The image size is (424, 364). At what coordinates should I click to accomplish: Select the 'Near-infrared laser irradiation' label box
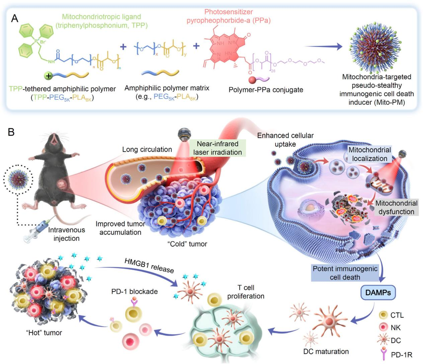pyautogui.click(x=218, y=148)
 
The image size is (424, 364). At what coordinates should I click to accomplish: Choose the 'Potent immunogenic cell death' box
pyautogui.click(x=345, y=273)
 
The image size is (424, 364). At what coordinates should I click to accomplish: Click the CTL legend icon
pyautogui.click(x=383, y=315)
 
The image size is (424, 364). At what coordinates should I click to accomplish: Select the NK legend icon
pyautogui.click(x=383, y=327)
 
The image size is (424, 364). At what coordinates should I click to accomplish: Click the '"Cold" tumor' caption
pyautogui.click(x=187, y=244)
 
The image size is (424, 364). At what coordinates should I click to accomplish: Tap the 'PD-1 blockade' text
pyautogui.click(x=134, y=291)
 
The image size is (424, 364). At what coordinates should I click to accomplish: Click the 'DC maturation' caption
pyautogui.click(x=326, y=351)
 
